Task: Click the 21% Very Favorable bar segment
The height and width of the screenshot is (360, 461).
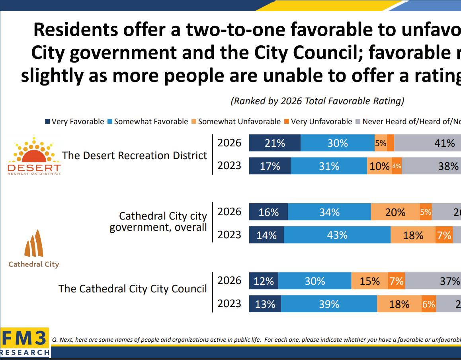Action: [275, 143]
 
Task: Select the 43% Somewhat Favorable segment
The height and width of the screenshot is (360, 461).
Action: [337, 235]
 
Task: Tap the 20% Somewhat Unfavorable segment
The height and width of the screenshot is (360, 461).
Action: [395, 212]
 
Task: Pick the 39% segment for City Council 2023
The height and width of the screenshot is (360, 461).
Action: [329, 304]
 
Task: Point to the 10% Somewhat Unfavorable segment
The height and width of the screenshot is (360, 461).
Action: [379, 166]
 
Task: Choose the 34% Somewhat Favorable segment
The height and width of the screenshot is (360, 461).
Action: [329, 212]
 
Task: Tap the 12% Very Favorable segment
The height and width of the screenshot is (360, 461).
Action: [264, 281]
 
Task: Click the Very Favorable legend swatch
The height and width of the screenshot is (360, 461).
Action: [47, 122]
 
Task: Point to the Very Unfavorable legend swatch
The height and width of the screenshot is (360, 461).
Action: [287, 122]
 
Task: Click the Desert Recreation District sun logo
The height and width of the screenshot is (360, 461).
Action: [33, 153]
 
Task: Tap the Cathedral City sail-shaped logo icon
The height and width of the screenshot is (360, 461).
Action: [33, 243]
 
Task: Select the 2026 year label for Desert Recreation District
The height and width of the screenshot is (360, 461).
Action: [229, 143]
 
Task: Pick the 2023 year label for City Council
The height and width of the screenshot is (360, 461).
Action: [229, 304]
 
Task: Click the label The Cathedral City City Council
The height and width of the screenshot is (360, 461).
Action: [133, 289]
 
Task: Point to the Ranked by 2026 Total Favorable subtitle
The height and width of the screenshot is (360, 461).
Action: [317, 101]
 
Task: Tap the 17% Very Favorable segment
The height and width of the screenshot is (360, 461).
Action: [270, 166]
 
